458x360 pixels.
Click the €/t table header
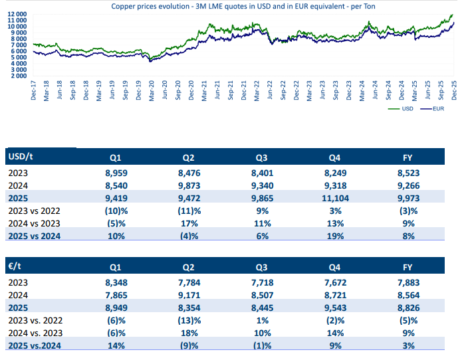tap(15, 266)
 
